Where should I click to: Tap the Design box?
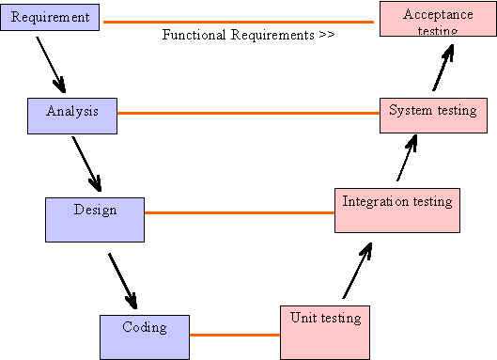click(x=95, y=218)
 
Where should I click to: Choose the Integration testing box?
click(x=397, y=209)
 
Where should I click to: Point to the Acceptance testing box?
click(x=438, y=19)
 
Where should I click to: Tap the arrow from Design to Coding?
click(x=122, y=279)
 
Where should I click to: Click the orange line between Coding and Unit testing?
click(x=235, y=334)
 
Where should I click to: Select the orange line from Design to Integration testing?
click(x=240, y=212)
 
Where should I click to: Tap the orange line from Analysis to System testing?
click(x=249, y=114)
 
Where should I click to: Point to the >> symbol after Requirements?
click(x=327, y=36)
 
